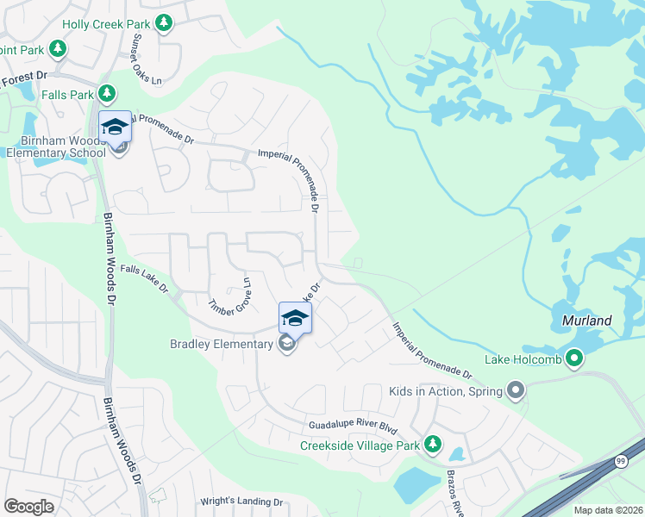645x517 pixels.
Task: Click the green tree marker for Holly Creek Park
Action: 163,23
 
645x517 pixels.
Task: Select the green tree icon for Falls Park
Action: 107,92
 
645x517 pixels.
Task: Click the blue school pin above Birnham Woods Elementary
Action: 115,128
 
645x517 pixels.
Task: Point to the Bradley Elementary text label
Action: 221,345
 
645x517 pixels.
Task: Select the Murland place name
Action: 582,321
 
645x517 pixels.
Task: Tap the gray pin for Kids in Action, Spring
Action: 516,392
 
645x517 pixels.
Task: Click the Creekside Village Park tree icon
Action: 432,445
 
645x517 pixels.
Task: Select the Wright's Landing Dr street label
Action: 241,501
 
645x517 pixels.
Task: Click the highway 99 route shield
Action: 621,462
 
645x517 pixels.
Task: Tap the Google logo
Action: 29,506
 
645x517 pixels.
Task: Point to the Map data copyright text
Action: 608,510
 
